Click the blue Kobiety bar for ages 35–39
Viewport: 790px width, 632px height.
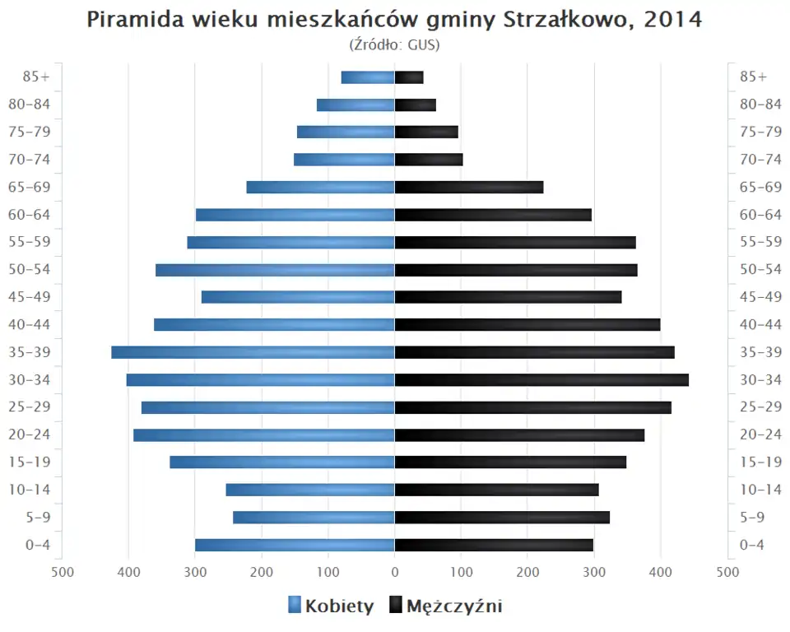[x=253, y=352]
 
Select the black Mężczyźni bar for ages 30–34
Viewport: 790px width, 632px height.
[x=541, y=380]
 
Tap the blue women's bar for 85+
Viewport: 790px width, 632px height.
[x=368, y=77]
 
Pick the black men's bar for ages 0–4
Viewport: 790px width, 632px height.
[x=494, y=545]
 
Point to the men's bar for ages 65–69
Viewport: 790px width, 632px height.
[x=469, y=187]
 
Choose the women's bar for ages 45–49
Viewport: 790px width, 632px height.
[x=298, y=297]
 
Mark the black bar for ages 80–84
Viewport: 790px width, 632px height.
[x=416, y=105]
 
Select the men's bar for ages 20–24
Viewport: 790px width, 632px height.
[x=519, y=434]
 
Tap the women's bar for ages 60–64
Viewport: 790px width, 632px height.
[x=295, y=215]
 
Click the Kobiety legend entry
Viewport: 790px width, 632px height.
[x=331, y=606]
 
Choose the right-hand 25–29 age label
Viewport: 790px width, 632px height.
[x=760, y=407]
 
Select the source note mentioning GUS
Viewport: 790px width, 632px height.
[x=395, y=44]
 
